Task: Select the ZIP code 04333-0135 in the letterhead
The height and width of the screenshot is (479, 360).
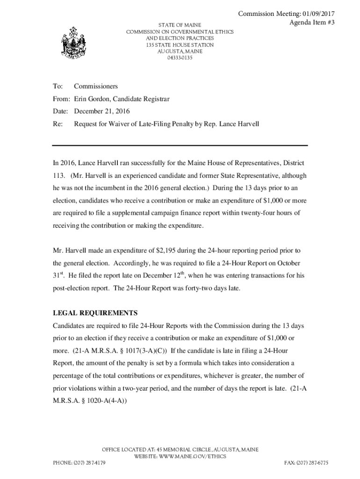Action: (180, 58)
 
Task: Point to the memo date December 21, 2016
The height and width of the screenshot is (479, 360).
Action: (102, 111)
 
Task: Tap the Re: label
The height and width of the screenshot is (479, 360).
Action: (58, 124)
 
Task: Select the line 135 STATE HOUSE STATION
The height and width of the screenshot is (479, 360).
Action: (180, 45)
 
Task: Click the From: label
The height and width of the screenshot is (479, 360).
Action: (61, 99)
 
